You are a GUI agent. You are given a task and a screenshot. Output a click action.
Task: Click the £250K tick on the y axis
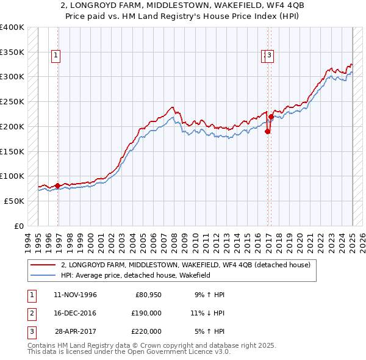click(12, 102)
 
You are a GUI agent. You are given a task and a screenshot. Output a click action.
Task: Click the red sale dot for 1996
click(58, 185)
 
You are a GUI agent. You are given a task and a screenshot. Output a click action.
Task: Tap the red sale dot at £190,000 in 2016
click(267, 132)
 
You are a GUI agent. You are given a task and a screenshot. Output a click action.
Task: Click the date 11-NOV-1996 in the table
click(75, 295)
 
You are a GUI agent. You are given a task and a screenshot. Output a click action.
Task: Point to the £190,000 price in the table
click(147, 313)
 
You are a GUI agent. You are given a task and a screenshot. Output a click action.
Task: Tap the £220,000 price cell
click(147, 331)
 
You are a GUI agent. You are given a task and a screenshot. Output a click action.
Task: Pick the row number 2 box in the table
click(30, 313)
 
